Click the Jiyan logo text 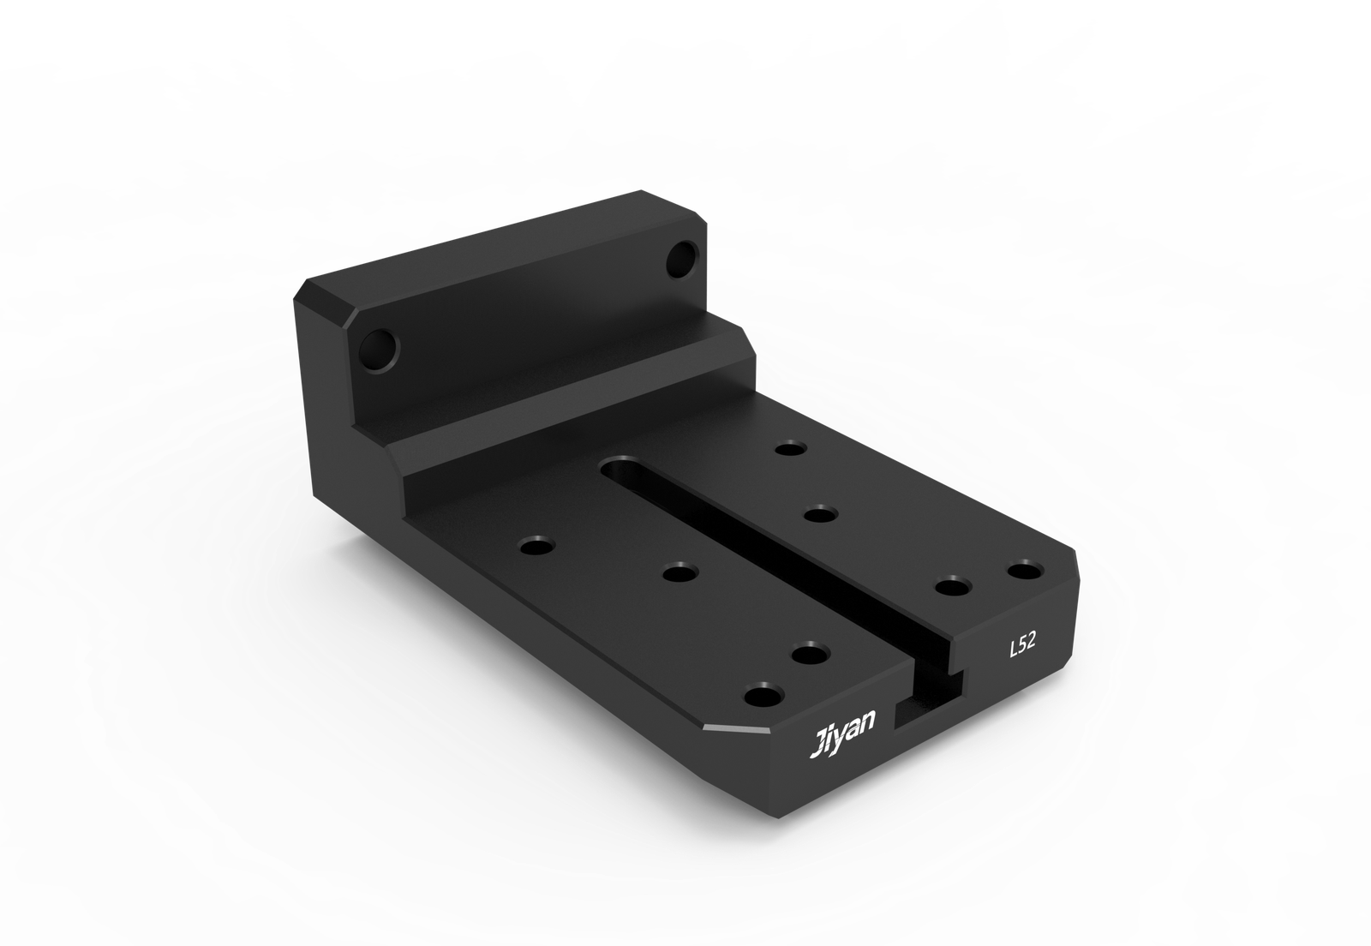click(843, 733)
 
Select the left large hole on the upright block click(378, 352)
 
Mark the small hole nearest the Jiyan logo click(764, 695)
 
